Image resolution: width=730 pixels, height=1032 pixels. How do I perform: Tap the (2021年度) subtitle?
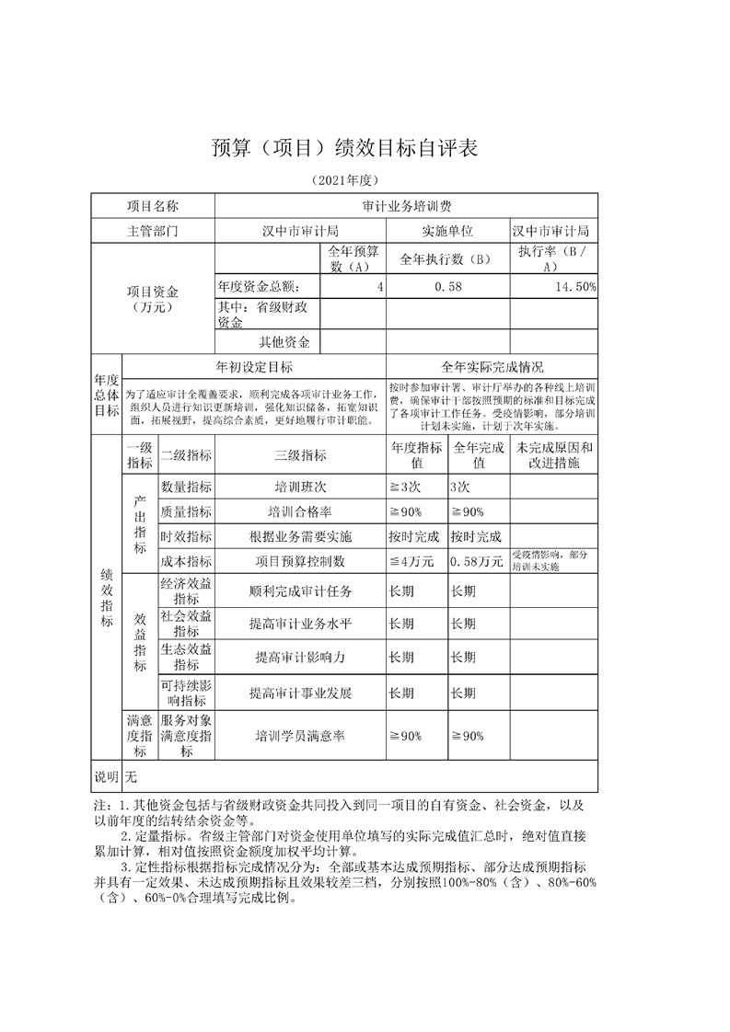345,180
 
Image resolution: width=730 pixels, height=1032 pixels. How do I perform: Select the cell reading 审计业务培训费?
406,206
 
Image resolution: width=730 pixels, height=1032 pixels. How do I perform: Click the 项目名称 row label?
153,206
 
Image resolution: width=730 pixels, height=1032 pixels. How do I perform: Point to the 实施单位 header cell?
447,231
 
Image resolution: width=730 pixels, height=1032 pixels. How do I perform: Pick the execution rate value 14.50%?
574,287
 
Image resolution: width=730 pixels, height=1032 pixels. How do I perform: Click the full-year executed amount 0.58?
448,287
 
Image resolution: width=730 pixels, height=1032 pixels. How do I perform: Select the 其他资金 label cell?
284,342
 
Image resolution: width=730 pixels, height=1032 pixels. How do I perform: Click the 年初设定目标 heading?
254,367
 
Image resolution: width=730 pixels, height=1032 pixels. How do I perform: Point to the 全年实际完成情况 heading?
492,367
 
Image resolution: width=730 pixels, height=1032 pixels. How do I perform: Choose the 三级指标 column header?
300,454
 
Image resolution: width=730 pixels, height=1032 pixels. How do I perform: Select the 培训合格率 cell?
300,511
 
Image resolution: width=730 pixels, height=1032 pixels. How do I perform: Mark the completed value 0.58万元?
477,561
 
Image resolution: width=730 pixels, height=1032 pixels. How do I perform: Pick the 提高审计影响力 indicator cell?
300,658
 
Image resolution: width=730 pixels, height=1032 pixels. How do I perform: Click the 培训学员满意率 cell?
300,736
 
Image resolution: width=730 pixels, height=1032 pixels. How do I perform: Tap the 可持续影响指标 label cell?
186,692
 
